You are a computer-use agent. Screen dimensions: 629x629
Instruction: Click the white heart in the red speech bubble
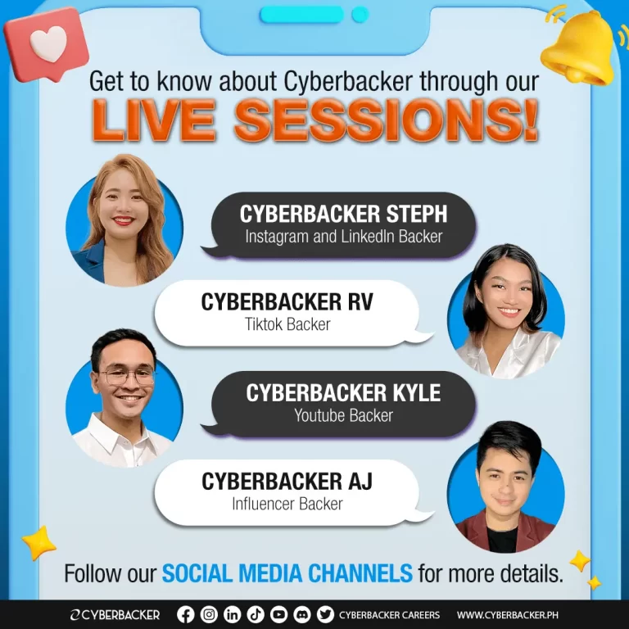pos(48,43)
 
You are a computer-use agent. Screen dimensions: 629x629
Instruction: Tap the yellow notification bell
pos(578,49)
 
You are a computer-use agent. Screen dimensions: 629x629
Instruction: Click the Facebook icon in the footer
pos(185,614)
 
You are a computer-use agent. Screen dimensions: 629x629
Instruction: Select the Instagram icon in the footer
pos(209,614)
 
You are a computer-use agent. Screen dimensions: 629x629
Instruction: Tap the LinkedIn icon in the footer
pos(232,614)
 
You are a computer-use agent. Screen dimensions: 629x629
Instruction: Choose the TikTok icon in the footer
pos(256,614)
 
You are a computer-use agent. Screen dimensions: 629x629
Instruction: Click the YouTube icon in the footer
pos(278,614)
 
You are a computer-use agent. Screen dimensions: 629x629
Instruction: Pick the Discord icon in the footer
pos(301,614)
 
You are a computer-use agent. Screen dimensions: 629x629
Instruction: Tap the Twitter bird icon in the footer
pos(325,614)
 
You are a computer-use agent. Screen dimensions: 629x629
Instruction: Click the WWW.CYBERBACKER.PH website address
pos(508,615)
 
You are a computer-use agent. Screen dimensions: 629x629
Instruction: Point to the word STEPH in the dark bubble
pos(416,214)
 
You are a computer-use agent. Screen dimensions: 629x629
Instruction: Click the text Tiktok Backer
pos(287,324)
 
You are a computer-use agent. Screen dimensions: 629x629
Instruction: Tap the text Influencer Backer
pos(287,504)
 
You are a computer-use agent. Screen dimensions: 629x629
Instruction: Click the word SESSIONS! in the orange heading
pos(386,120)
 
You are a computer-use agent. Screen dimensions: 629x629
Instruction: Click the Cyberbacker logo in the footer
pos(115,615)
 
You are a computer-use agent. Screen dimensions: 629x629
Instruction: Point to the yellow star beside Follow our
pos(39,543)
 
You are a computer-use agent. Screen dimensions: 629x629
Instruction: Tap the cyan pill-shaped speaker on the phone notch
pos(302,15)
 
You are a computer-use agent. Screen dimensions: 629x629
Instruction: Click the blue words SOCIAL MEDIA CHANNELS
pos(287,572)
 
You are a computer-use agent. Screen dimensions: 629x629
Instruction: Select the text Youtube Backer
pos(343,415)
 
